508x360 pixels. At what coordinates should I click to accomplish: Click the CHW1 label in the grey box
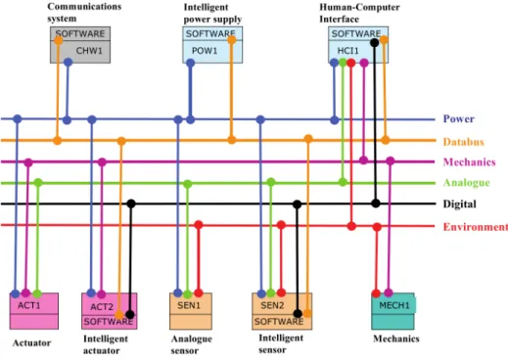[x=89, y=51]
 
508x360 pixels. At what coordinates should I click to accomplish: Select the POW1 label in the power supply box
[x=205, y=51]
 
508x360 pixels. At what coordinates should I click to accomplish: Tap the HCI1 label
[x=348, y=51]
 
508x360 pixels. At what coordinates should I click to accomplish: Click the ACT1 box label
[x=29, y=306]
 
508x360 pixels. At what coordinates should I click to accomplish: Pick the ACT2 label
[x=102, y=307]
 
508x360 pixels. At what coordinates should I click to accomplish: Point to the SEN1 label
[x=189, y=305]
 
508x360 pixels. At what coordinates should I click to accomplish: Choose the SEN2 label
[x=272, y=305]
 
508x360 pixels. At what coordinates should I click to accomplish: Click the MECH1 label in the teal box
[x=394, y=305]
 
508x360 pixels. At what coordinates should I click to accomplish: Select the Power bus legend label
[x=459, y=118]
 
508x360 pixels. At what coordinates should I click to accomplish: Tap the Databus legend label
[x=464, y=142]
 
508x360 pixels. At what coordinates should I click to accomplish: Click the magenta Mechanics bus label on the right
[x=470, y=162]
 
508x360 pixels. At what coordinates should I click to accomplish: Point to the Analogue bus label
[x=467, y=183]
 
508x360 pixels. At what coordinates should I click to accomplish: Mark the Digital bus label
[x=459, y=204]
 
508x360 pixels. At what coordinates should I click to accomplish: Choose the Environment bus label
[x=476, y=227]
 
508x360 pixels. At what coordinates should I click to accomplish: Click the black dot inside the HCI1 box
[x=375, y=42]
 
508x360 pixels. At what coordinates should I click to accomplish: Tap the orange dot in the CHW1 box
[x=59, y=40]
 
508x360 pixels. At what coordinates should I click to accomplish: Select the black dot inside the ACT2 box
[x=130, y=315]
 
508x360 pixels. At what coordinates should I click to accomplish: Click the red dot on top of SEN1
[x=199, y=292]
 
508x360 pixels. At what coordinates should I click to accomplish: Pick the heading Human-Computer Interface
[x=359, y=13]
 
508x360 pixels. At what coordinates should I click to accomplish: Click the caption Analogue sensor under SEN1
[x=192, y=344]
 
